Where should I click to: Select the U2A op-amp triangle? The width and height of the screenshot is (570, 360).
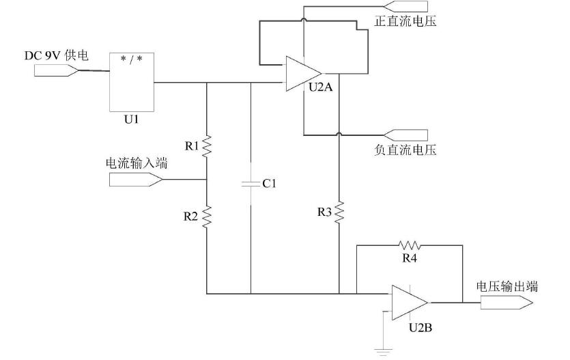tap(302, 73)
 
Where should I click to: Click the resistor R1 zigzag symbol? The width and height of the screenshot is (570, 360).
tap(206, 146)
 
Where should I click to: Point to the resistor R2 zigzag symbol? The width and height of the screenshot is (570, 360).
tap(206, 217)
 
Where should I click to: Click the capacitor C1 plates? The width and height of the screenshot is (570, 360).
tap(251, 183)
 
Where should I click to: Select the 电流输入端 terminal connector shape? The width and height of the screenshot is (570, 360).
tap(134, 180)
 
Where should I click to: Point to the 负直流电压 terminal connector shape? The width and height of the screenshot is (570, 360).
tap(408, 133)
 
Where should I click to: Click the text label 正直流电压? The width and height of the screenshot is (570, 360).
tap(405, 22)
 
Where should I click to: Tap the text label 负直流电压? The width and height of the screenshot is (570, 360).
tap(405, 149)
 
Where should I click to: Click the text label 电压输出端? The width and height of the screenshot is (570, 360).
tap(507, 286)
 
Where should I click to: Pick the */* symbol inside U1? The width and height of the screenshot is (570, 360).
tap(132, 59)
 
